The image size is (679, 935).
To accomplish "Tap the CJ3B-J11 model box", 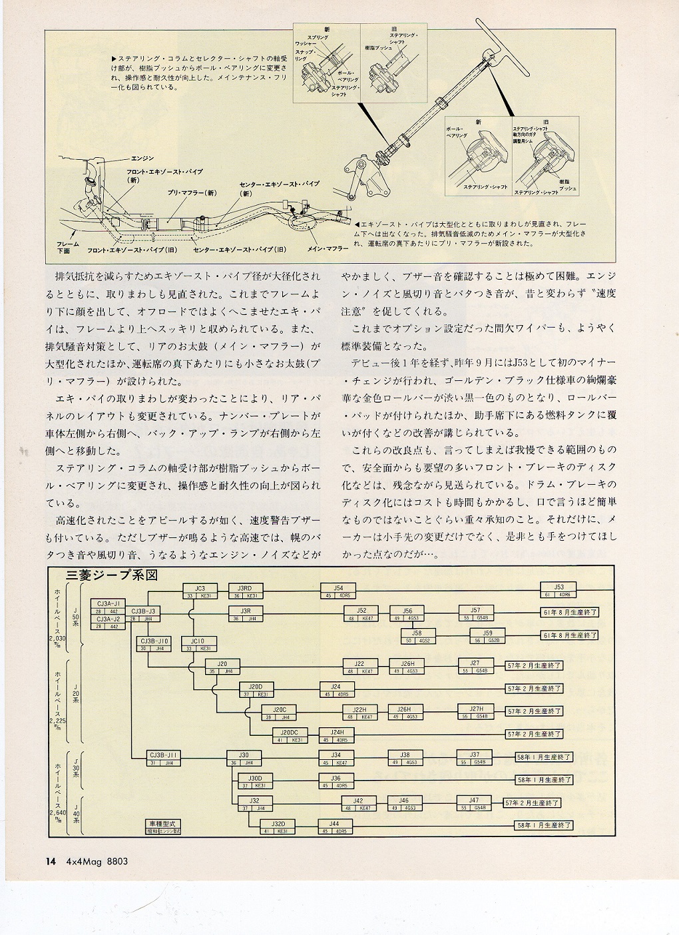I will [x=164, y=758].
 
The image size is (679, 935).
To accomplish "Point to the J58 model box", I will [x=416, y=636].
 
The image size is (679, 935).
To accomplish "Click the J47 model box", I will [x=473, y=803].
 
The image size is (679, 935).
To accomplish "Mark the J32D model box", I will [x=278, y=826].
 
